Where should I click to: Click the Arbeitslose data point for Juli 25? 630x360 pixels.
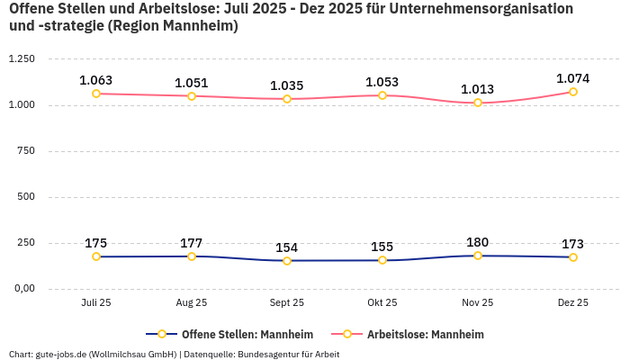(96, 94)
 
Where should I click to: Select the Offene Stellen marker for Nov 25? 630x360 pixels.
(478, 256)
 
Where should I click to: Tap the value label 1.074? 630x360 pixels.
(573, 78)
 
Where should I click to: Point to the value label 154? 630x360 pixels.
(287, 247)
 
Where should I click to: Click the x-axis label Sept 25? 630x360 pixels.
(287, 303)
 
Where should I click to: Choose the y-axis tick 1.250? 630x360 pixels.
(22, 59)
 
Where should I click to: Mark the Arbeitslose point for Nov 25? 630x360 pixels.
(478, 103)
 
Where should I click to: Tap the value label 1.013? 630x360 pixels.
(478, 89)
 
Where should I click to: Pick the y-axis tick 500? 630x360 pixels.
(27, 197)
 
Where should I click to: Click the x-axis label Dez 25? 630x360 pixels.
(573, 303)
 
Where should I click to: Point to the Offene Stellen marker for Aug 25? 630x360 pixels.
(192, 256)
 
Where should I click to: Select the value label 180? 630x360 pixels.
(478, 242)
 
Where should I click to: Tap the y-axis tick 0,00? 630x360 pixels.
(23, 289)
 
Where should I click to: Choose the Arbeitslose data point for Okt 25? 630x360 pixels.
(382, 95)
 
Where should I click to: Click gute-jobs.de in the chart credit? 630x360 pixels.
(60, 355)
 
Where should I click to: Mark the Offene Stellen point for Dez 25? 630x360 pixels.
(573, 257)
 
